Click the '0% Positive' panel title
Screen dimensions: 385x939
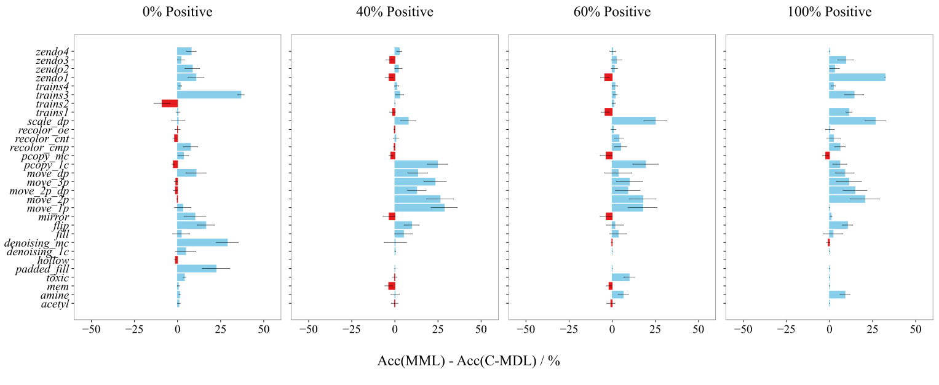[x=177, y=12]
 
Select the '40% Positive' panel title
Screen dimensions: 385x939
[x=394, y=12]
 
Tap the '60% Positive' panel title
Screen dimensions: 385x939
[x=612, y=12]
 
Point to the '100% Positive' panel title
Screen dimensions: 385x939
[x=829, y=12]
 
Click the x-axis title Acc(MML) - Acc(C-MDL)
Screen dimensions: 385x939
[x=468, y=362]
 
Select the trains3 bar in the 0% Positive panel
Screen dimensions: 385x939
[x=209, y=95]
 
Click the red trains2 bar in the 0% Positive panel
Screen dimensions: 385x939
[x=170, y=103]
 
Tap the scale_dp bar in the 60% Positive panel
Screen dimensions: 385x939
[x=633, y=121]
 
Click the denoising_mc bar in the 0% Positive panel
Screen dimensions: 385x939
[x=202, y=243]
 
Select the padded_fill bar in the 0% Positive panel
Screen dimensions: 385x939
[x=197, y=269]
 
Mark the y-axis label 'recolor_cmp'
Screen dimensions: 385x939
[x=44, y=148]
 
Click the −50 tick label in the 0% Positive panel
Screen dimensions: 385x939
[x=91, y=329]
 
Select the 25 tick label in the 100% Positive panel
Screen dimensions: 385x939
[x=873, y=329]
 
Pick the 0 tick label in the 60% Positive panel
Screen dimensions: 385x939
[x=612, y=329]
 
